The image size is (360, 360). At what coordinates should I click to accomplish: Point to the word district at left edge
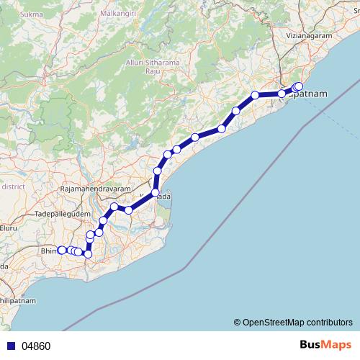13,186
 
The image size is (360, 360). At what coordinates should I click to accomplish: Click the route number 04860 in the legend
36,346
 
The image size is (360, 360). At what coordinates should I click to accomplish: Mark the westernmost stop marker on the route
62,250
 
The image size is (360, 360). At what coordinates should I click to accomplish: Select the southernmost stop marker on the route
88,253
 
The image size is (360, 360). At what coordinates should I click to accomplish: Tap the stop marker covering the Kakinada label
155,192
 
